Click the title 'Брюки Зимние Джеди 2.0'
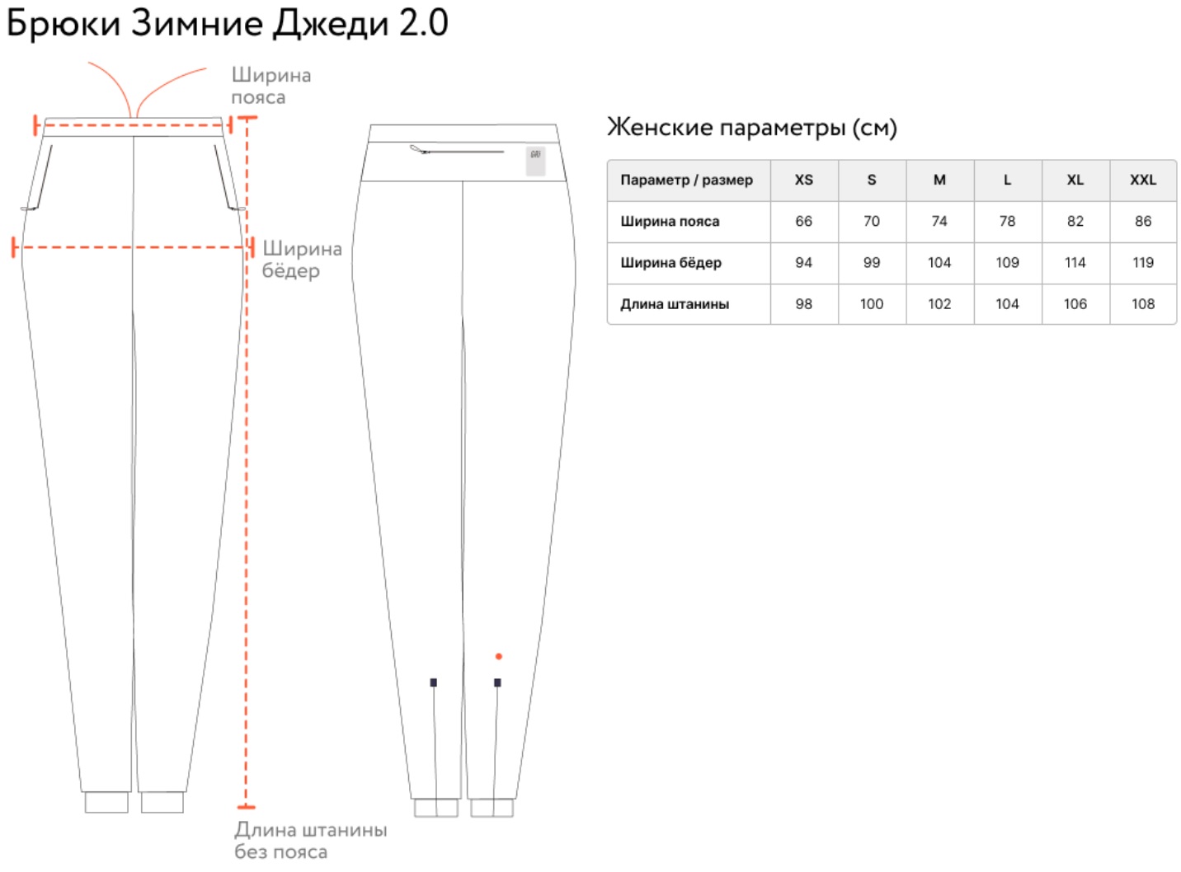pyautogui.click(x=228, y=23)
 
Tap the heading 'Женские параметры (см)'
pyautogui.click(x=752, y=128)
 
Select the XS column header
pyautogui.click(x=803, y=180)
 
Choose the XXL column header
pyautogui.click(x=1143, y=180)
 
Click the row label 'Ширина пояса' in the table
pyautogui.click(x=670, y=222)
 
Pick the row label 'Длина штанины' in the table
pyautogui.click(x=675, y=304)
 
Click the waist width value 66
pyautogui.click(x=803, y=222)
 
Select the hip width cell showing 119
pyautogui.click(x=1143, y=262)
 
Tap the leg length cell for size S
pyautogui.click(x=871, y=304)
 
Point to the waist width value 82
pyautogui.click(x=1075, y=222)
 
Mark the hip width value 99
pyautogui.click(x=871, y=262)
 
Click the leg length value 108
pyautogui.click(x=1143, y=304)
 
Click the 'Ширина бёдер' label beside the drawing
pyautogui.click(x=302, y=260)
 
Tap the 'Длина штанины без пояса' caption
pyautogui.click(x=311, y=841)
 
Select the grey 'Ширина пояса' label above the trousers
pyautogui.click(x=271, y=87)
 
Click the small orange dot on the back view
pyautogui.click(x=498, y=656)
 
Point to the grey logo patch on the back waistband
pyautogui.click(x=535, y=161)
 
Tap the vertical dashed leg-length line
pyautogui.click(x=246, y=462)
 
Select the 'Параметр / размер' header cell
pyautogui.click(x=686, y=180)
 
